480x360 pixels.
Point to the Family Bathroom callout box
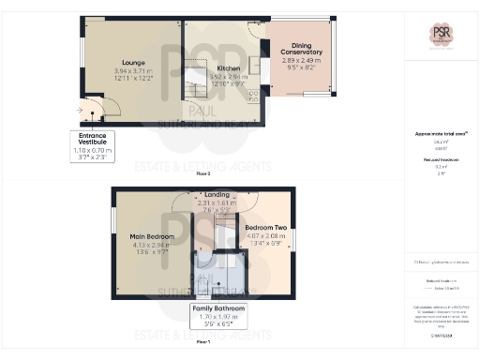click(x=217, y=317)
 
